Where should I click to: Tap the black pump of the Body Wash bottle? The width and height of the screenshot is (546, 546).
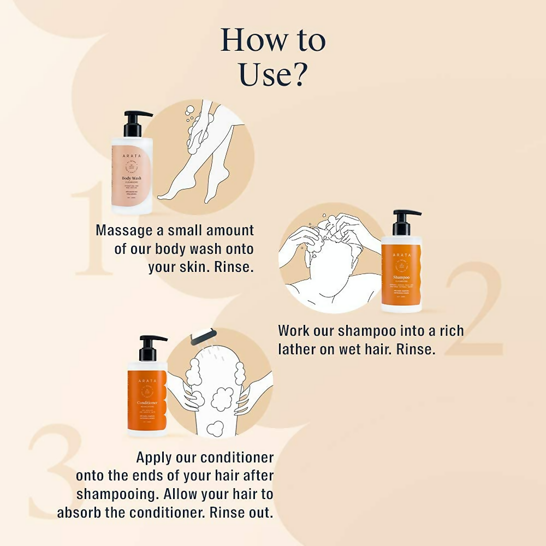(134, 123)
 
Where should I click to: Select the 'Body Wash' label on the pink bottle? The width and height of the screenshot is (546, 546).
(132, 179)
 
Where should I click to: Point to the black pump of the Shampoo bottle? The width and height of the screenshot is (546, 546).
(403, 222)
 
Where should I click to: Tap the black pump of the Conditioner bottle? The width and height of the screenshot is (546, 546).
(149, 347)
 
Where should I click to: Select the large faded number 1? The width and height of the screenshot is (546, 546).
(93, 229)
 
